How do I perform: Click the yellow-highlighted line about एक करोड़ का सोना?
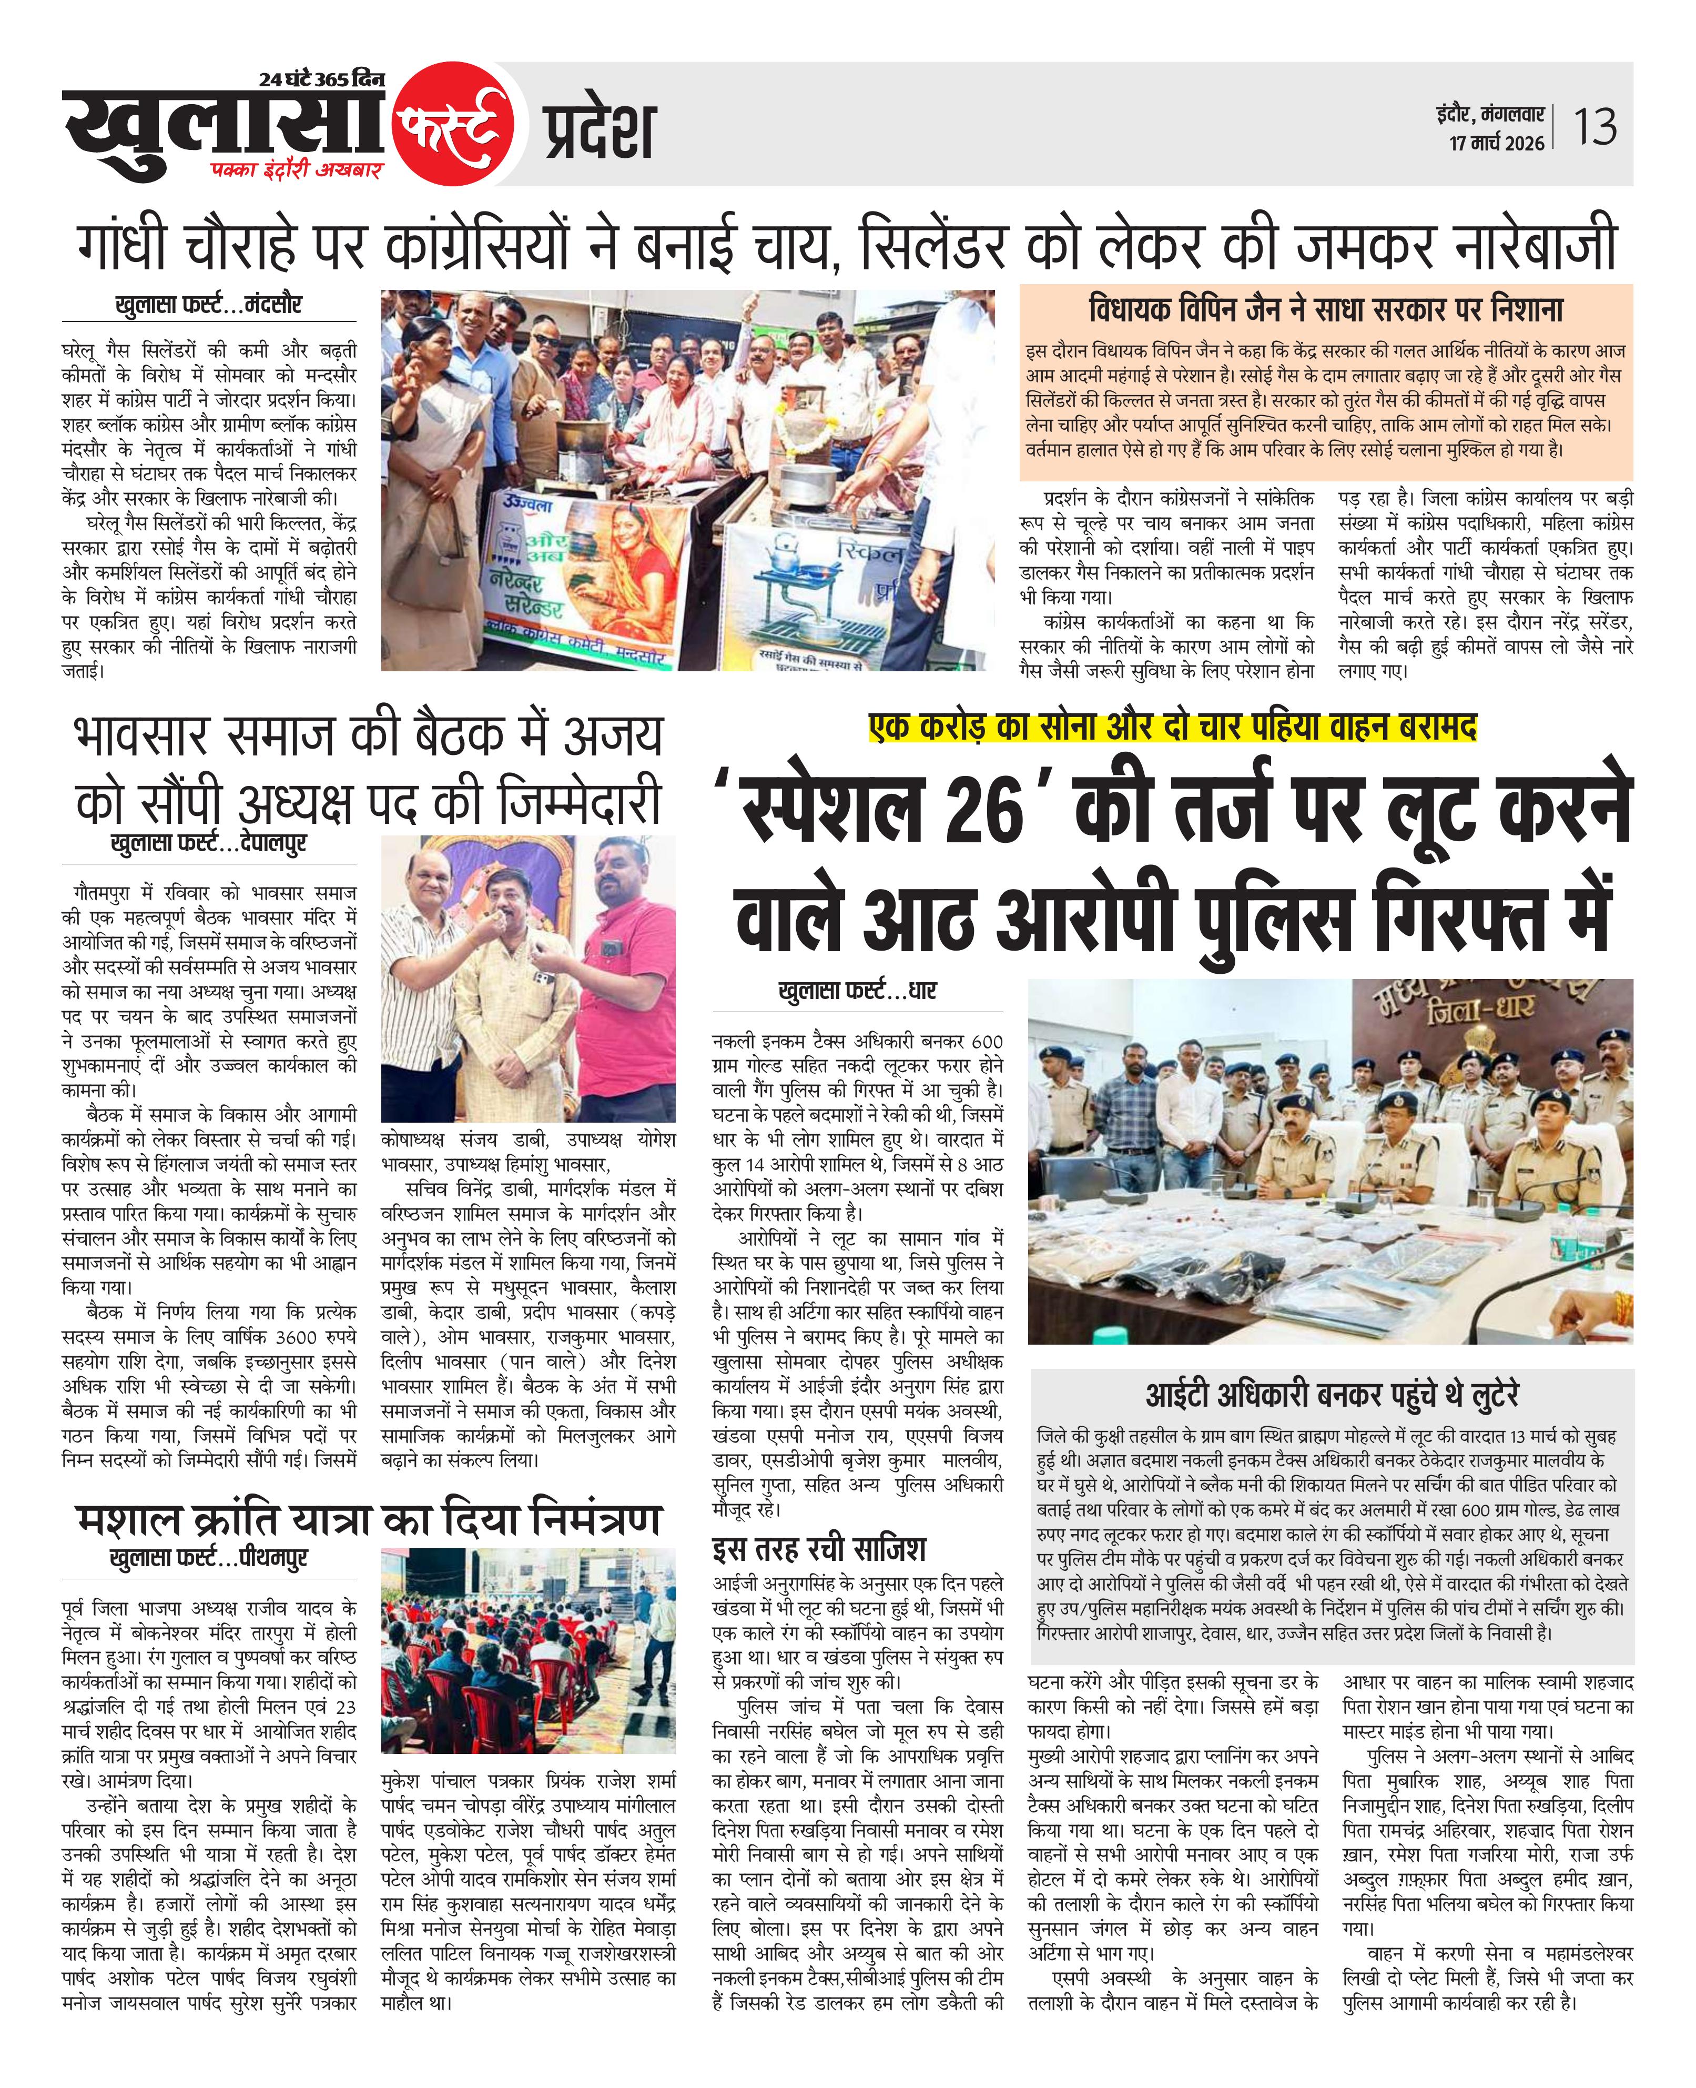click(x=1172, y=728)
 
